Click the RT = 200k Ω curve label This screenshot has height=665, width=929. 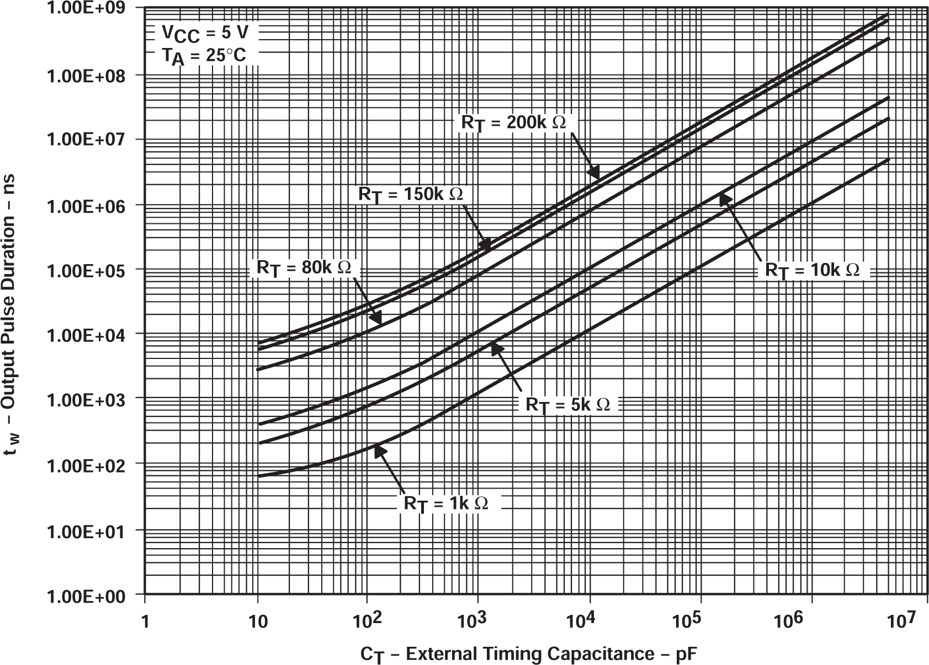point(513,122)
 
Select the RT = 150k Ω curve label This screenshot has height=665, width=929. point(411,195)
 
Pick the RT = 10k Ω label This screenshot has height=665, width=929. point(812,270)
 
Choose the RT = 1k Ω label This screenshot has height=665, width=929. point(446,503)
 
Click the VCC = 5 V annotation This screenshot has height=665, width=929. point(209,33)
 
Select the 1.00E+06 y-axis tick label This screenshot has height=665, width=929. point(93,205)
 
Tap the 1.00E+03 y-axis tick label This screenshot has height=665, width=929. point(93,399)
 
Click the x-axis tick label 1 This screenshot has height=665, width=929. point(145,621)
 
